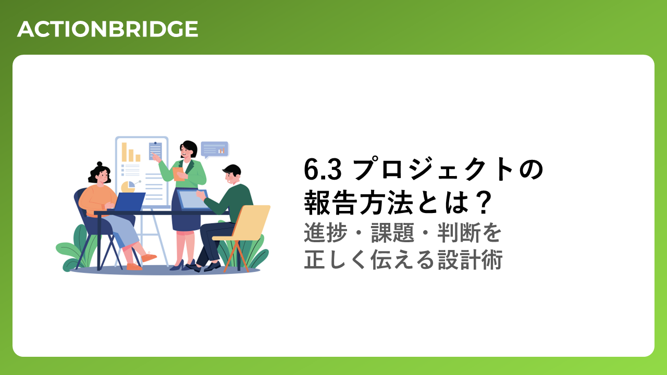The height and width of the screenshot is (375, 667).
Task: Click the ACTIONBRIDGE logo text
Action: point(107,29)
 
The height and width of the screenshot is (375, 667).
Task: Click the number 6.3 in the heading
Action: point(323,169)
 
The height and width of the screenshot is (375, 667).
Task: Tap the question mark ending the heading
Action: point(482,203)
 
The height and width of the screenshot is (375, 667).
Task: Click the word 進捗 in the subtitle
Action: point(326,232)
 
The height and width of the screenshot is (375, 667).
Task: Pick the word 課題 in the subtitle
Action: point(392,232)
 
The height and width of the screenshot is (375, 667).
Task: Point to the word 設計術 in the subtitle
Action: point(470,259)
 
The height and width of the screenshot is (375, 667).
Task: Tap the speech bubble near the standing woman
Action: point(214,149)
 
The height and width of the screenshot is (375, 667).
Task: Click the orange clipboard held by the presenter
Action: point(179,174)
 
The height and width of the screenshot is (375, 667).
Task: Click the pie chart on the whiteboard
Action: point(128,186)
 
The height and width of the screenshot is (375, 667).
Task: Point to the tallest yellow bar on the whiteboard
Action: point(124,152)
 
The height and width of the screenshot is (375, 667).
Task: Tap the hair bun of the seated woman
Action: point(100,164)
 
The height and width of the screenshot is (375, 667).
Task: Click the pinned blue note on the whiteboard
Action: point(155,151)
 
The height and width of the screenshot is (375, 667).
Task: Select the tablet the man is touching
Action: point(192,199)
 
